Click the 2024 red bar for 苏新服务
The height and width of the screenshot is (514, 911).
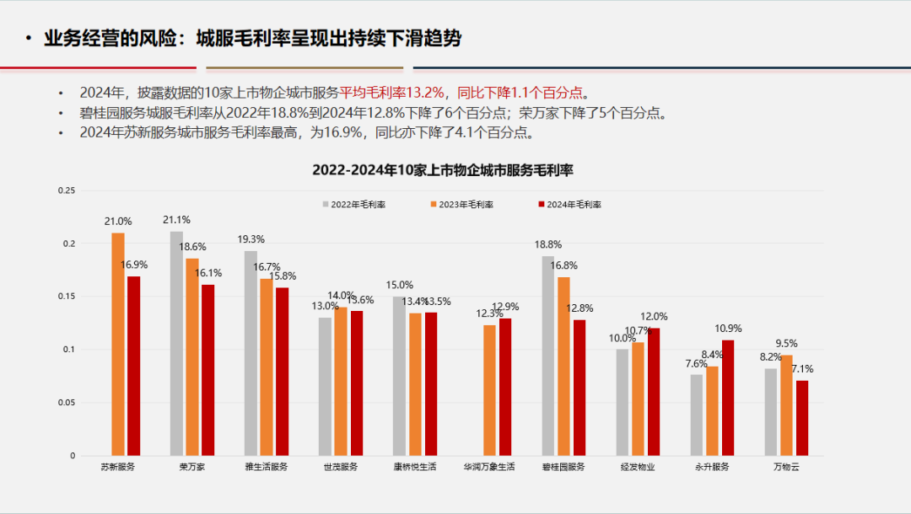(134, 366)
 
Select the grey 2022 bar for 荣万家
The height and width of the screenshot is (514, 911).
(176, 343)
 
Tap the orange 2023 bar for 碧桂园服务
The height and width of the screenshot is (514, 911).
(563, 366)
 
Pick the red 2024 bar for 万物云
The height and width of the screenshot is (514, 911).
(802, 418)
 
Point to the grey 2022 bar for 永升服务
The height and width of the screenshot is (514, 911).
(696, 415)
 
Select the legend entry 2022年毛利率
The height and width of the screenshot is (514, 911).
(353, 204)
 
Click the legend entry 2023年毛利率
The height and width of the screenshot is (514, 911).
(461, 204)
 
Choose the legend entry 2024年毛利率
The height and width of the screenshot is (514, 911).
(569, 204)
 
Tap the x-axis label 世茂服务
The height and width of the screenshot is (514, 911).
(341, 467)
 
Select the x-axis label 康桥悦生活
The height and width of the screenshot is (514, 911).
(415, 467)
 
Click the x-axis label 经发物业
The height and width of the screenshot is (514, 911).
(638, 467)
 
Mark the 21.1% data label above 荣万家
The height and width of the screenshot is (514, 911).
(176, 221)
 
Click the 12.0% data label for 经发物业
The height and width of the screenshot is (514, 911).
(655, 317)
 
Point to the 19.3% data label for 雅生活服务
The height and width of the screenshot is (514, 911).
(251, 239)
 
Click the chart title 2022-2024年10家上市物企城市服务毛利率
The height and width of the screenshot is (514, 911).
(442, 169)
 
